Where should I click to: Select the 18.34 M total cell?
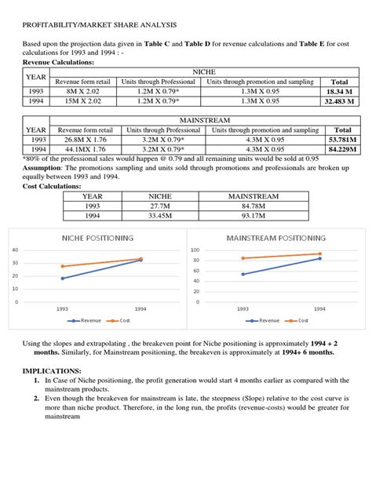click(340, 91)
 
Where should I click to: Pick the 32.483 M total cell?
click(340, 101)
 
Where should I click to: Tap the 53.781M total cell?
click(343, 140)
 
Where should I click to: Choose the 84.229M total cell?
click(343, 149)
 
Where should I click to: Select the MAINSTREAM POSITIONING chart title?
click(275, 238)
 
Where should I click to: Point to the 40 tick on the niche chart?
click(15, 250)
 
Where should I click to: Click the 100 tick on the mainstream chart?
click(195, 250)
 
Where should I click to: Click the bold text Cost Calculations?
click(51, 186)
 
